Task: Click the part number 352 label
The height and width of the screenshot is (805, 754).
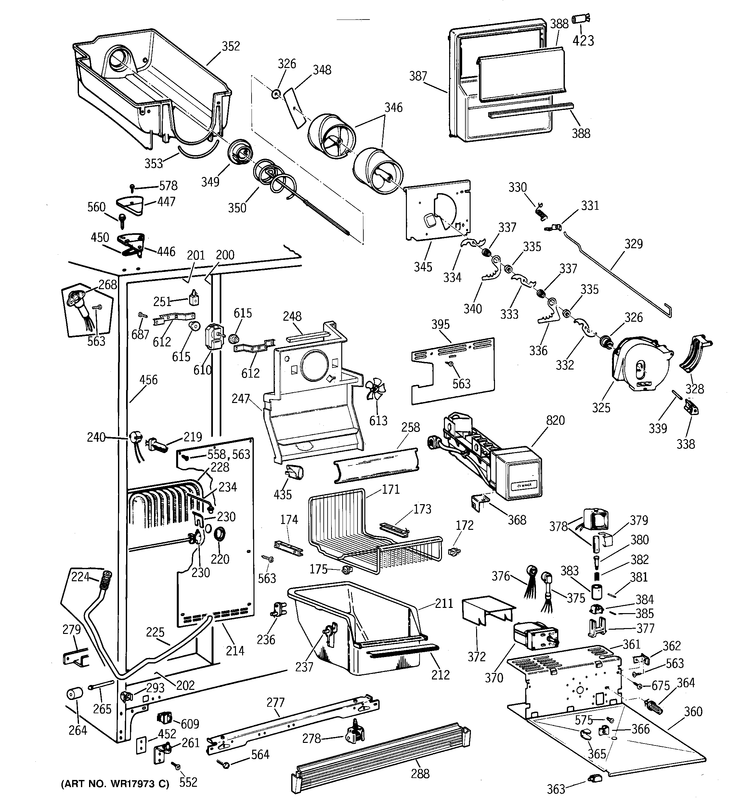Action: [x=231, y=46]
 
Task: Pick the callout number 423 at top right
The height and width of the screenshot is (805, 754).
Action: [x=583, y=40]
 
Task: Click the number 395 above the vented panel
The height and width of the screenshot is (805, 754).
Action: [x=440, y=324]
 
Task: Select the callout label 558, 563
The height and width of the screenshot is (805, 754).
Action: [x=229, y=454]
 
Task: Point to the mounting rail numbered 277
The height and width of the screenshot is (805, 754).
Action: [x=292, y=727]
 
